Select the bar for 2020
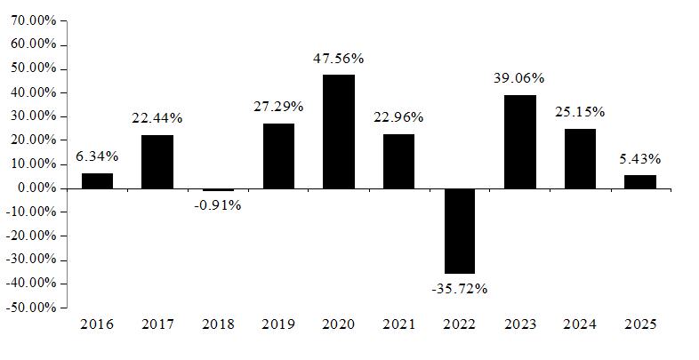click(x=339, y=132)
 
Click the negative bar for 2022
click(x=459, y=231)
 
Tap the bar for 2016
click(x=97, y=181)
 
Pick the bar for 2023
click(x=519, y=141)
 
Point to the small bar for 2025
click(x=640, y=182)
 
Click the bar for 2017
click(x=157, y=162)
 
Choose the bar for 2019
click(x=278, y=156)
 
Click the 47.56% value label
click(x=338, y=59)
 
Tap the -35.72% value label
click(x=459, y=289)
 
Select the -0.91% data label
click(x=218, y=205)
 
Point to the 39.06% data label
click(x=518, y=78)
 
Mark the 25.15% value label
click(x=580, y=112)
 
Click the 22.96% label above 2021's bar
click(x=398, y=117)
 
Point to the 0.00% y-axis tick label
click(x=37, y=188)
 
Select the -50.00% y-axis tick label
click(x=31, y=308)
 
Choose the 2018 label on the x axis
click(x=218, y=324)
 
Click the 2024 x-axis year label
click(x=580, y=324)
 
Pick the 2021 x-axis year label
click(x=398, y=324)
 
